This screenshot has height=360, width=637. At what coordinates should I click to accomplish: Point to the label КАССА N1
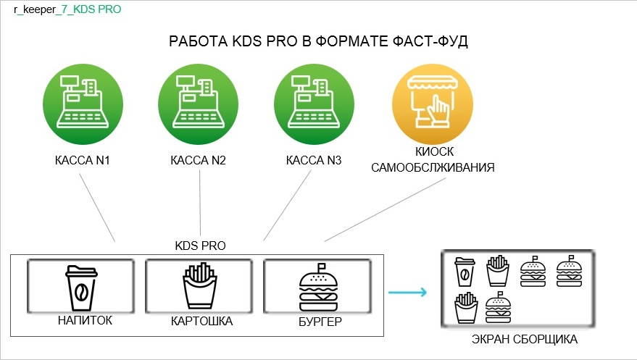click(x=83, y=160)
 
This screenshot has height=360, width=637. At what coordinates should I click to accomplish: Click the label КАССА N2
click(x=198, y=160)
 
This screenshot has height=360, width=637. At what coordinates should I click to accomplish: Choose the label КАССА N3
click(x=313, y=160)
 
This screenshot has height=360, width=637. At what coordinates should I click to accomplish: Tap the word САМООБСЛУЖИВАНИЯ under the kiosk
click(x=433, y=168)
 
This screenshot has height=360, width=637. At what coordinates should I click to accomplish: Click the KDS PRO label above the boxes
click(x=201, y=246)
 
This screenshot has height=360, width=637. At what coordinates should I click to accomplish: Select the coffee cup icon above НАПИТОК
click(x=81, y=288)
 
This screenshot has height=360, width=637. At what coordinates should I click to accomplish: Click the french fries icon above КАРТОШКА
click(x=199, y=288)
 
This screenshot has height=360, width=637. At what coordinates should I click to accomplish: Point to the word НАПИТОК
click(x=84, y=320)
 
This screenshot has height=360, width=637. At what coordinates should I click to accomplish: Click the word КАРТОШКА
click(x=201, y=321)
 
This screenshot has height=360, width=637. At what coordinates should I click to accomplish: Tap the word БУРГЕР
click(x=320, y=321)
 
